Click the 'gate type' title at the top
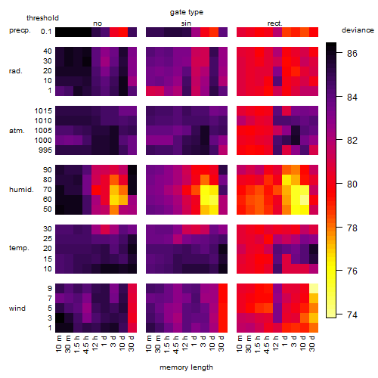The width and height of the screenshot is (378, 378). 187,12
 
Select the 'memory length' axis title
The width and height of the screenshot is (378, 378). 186,367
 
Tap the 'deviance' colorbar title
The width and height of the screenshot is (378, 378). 358,30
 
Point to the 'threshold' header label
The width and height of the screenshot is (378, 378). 42,18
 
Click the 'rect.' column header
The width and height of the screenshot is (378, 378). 275,23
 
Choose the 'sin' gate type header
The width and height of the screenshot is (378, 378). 186,23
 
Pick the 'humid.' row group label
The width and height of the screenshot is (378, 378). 21,190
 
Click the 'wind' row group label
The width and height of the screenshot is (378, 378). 17,308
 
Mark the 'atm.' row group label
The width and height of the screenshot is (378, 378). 17,131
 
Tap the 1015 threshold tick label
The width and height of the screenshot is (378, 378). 43,111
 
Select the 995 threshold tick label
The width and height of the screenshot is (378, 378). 45,150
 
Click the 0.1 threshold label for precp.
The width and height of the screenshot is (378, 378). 46,32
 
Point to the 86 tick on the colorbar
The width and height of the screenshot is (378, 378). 352,54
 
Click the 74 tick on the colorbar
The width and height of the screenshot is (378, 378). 352,315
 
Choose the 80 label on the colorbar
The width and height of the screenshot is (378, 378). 352,184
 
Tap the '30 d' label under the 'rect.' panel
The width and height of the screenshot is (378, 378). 312,343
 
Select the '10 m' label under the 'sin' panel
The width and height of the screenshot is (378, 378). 149,343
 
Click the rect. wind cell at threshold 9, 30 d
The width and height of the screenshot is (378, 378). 314,288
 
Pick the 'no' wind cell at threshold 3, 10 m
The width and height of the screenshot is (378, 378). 60,318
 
